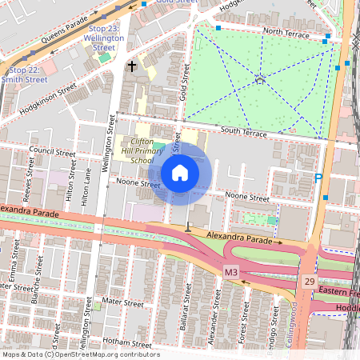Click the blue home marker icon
coord(180,173)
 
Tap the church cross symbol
coord(131,66)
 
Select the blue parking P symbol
coord(319,181)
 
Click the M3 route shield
coord(231,273)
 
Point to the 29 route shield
coord(309,281)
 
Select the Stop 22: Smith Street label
coord(24,74)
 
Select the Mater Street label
coord(122,302)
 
